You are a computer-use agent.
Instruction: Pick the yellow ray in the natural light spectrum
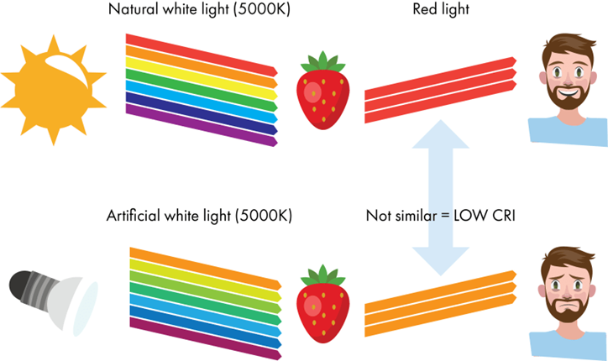point(202,77)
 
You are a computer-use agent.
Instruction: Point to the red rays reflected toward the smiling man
point(437,88)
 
